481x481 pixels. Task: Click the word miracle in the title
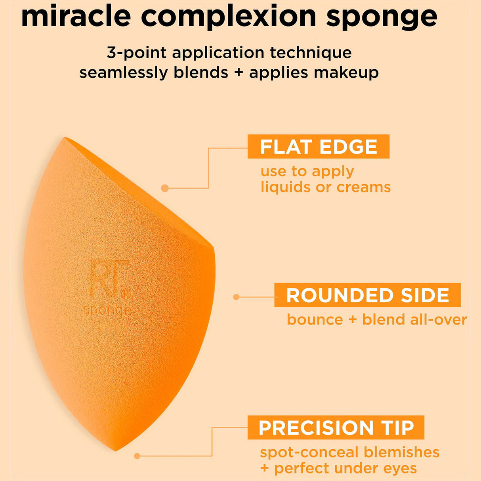point(76,16)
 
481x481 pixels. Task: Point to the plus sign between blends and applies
point(238,73)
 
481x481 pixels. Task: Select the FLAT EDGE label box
point(318,147)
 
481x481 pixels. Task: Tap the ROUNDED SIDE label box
point(367,295)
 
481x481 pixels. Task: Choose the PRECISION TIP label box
point(336,428)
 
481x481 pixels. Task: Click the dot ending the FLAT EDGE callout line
point(165,188)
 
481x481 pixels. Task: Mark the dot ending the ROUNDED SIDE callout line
point(237,297)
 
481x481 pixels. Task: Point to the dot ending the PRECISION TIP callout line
point(137,456)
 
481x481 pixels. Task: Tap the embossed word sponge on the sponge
point(108,310)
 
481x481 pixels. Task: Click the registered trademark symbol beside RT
point(125,294)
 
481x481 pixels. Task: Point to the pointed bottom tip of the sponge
point(115,450)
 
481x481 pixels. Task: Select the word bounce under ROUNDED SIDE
point(315,319)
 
